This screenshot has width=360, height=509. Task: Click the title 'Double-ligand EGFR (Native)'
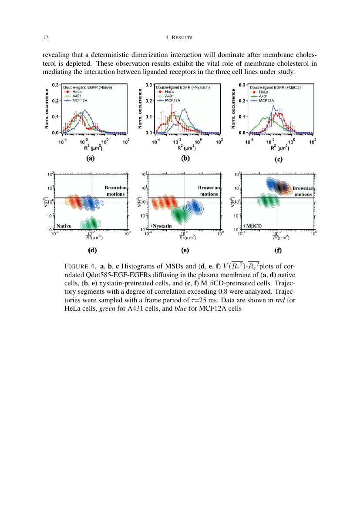pos(87,88)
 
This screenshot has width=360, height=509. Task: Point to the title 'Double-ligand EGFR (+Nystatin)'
pos(183,88)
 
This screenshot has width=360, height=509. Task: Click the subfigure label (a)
pos(90,159)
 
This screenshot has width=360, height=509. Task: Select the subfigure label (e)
pos(185,251)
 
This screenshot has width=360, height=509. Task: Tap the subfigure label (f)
pos(278,251)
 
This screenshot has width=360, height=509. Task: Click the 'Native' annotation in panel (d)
pos(64,226)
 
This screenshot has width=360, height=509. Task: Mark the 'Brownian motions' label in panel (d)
pos(115,191)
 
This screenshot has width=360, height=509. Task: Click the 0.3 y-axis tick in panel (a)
pos(56,85)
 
